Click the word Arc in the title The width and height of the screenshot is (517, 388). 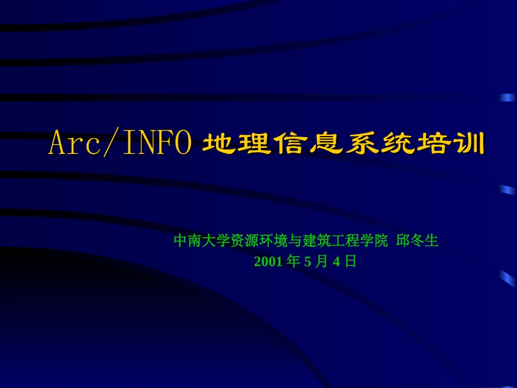click(71, 144)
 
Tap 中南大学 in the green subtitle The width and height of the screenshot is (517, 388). click(202, 241)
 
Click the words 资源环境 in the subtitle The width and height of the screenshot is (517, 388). click(258, 241)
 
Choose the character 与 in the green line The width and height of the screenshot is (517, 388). click(294, 241)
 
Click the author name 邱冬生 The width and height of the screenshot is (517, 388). click(417, 241)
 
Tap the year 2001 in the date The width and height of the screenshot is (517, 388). click(268, 262)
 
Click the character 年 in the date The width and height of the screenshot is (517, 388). click(293, 262)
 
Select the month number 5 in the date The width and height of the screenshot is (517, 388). click(307, 262)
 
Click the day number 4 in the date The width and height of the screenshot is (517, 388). click(336, 262)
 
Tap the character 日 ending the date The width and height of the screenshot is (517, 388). click(350, 262)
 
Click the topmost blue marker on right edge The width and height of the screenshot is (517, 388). click(508, 98)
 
